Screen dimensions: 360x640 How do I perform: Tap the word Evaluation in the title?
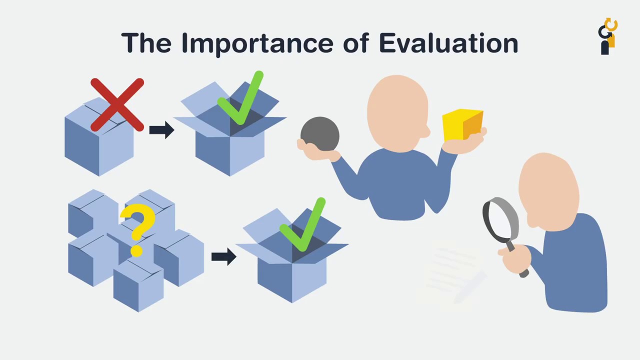pyautogui.click(x=448, y=43)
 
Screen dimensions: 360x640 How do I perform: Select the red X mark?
pyautogui.click(x=117, y=104)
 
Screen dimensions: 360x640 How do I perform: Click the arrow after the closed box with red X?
pyautogui.click(x=161, y=130)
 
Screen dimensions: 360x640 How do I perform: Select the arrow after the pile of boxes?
pyautogui.click(x=223, y=256)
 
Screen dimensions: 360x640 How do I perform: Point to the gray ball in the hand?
pyautogui.click(x=320, y=133)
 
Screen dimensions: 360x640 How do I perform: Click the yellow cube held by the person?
pyautogui.click(x=462, y=125)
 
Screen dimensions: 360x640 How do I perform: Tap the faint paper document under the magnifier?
pyautogui.click(x=450, y=275)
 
